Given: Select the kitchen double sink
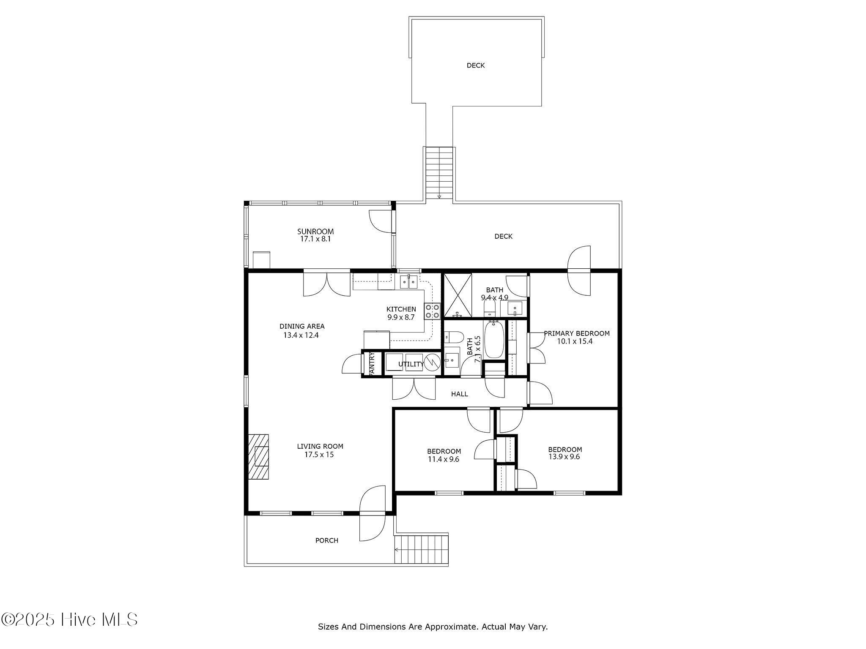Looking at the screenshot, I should (408, 281).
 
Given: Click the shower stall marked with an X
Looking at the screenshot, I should (457, 295).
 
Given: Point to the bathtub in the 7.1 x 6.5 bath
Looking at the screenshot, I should (493, 340).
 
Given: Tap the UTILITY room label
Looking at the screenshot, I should (411, 364).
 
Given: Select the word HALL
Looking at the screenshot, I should (459, 394).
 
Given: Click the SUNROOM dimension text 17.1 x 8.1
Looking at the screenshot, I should (315, 239).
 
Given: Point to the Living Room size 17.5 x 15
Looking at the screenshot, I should (319, 455).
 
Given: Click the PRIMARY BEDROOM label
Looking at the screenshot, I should (576, 333).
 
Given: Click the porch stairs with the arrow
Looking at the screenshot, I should (421, 549).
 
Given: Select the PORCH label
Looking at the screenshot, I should (326, 540).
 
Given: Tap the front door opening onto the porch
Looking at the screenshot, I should (372, 513).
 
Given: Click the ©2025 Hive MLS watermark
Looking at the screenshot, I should (69, 620).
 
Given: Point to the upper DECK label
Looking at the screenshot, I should (475, 65).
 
